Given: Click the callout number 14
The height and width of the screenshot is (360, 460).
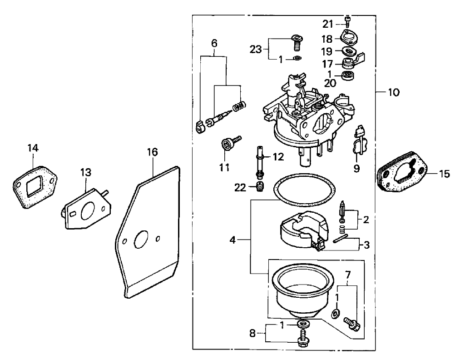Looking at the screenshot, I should coord(33,148).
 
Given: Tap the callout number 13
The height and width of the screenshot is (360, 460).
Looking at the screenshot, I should coord(86,173).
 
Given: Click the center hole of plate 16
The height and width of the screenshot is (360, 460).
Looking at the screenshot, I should coord(141,240).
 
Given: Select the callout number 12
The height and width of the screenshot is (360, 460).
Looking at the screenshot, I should coord(278,157).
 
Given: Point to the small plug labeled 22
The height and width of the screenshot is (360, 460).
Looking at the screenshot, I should coord(259,186).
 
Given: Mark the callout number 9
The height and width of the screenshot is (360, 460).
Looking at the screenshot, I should coord(356,169).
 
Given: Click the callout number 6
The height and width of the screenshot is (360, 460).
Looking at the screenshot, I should coord(214,44).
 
